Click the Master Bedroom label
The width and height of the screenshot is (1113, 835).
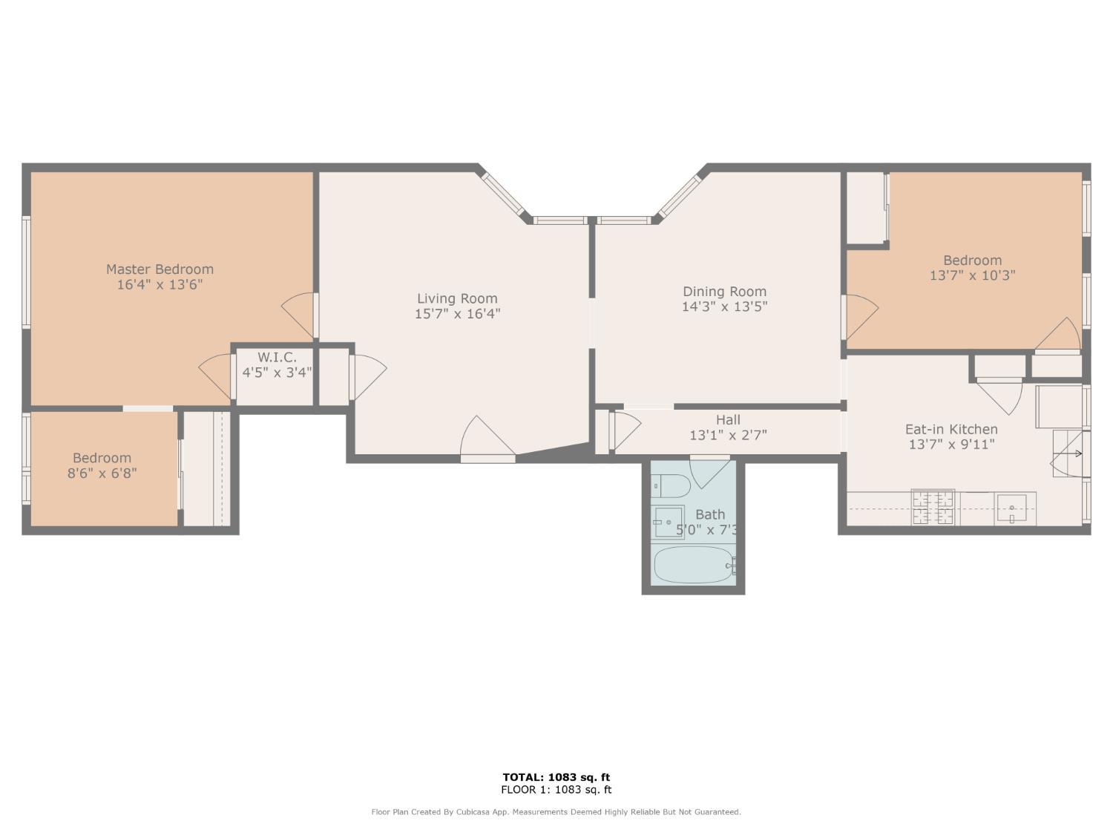pyautogui.click(x=160, y=269)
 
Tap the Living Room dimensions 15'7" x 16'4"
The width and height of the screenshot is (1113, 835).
pyautogui.click(x=457, y=314)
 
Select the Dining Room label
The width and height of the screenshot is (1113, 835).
pyautogui.click(x=724, y=292)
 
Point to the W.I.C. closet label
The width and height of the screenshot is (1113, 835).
pyautogui.click(x=277, y=358)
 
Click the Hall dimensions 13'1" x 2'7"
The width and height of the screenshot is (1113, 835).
pyautogui.click(x=727, y=435)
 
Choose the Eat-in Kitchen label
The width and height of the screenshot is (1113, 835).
pyautogui.click(x=951, y=429)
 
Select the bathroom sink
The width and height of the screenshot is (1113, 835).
pyautogui.click(x=669, y=522)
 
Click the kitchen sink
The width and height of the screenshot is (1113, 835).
pyautogui.click(x=1011, y=508)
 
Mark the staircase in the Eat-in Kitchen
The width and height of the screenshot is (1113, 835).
pyautogui.click(x=1068, y=453)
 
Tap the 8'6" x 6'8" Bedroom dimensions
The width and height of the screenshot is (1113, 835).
pyautogui.click(x=102, y=474)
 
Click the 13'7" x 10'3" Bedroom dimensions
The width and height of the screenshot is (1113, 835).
pyautogui.click(x=972, y=275)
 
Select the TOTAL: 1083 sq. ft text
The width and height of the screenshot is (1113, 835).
pyautogui.click(x=556, y=777)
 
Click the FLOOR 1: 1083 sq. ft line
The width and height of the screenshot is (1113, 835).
pyautogui.click(x=556, y=790)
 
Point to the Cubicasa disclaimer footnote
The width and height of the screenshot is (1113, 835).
pyautogui.click(x=556, y=812)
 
